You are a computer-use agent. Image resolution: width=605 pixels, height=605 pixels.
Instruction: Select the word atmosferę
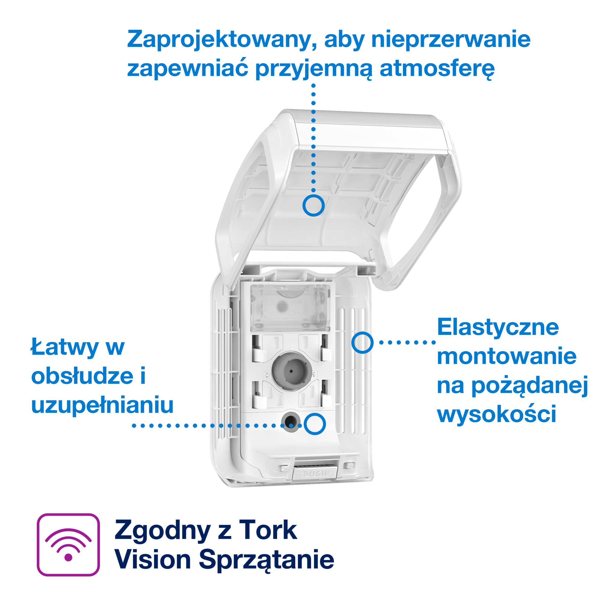(437, 69)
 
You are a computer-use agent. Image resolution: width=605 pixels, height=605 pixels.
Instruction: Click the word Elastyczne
(498, 327)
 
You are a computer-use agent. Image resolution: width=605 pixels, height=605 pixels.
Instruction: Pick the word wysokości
(497, 414)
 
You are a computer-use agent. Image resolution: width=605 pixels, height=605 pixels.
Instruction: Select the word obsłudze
(82, 376)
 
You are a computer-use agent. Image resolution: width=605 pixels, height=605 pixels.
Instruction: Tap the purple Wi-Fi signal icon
(68, 544)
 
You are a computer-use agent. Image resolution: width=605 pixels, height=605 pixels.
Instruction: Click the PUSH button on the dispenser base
(315, 473)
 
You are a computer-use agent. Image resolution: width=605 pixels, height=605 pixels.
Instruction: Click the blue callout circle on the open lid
(313, 205)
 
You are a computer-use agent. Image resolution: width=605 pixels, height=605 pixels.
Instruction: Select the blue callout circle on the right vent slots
(362, 343)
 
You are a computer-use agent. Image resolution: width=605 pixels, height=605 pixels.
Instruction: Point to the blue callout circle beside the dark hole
(315, 424)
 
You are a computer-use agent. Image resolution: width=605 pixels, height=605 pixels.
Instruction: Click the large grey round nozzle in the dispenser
(292, 371)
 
